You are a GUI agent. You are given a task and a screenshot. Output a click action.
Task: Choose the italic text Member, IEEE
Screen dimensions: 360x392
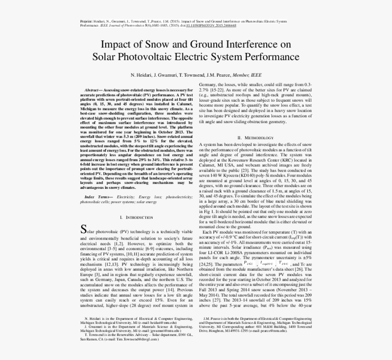pyautogui.click(x=248, y=75)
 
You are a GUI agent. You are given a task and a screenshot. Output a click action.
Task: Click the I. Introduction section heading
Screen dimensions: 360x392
pyautogui.click(x=137, y=217)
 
